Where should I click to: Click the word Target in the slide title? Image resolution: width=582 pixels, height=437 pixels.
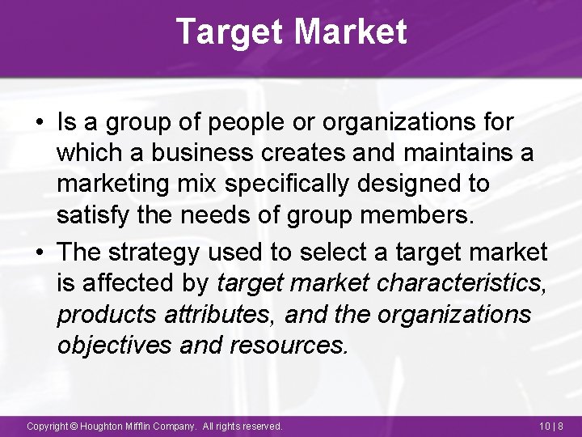coord(229,32)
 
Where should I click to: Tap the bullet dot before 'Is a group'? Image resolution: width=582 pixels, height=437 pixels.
coord(39,124)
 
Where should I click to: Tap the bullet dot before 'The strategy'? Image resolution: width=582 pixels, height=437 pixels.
coord(39,252)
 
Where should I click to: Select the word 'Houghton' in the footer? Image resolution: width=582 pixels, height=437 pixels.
coord(103,426)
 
